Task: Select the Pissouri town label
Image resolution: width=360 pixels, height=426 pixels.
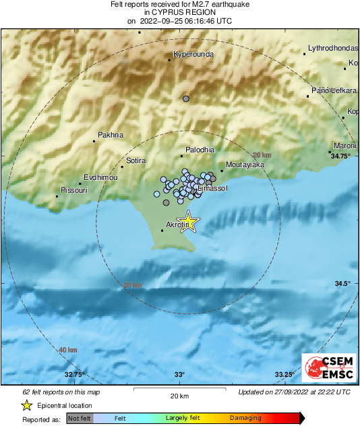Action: click(72, 191)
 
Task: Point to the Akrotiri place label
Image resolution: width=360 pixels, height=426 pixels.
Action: click(177, 226)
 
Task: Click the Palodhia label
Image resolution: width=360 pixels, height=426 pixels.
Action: click(200, 150)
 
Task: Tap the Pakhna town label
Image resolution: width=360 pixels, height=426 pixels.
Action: click(111, 135)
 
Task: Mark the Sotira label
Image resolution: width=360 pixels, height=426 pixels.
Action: click(137, 161)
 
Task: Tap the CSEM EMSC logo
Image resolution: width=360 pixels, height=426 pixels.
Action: click(326, 368)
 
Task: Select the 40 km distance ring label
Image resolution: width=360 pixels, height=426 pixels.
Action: click(67, 351)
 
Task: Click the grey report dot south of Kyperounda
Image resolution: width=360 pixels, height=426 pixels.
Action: click(186, 99)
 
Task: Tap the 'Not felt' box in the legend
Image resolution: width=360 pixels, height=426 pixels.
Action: click(80, 418)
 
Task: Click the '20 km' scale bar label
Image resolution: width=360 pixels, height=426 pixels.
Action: click(178, 396)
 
